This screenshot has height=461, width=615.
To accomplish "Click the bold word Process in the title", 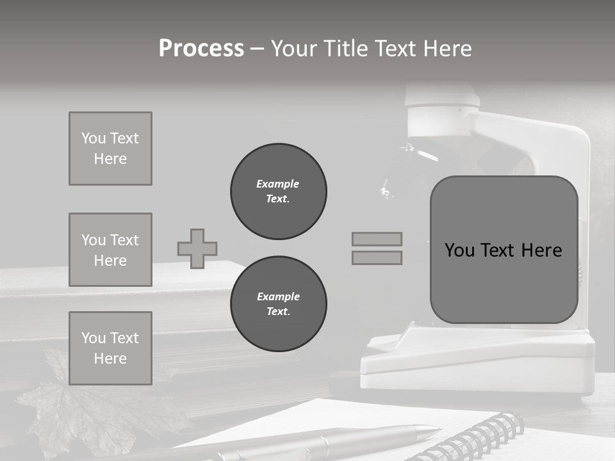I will (x=201, y=49).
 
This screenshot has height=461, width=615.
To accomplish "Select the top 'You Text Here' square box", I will (x=110, y=149).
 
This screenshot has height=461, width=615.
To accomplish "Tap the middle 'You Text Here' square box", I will (x=110, y=250).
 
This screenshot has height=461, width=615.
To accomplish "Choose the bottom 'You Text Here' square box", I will (x=110, y=348).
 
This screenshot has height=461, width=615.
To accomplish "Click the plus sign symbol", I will (x=197, y=248).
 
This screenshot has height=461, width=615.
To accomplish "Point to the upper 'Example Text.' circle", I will (x=278, y=191).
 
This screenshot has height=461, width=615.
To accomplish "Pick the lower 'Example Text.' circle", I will (x=278, y=304).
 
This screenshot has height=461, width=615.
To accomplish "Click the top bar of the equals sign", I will (x=377, y=239).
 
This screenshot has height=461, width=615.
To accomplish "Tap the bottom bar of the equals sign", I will (x=377, y=257).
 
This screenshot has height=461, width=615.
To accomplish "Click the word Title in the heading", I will (x=350, y=49).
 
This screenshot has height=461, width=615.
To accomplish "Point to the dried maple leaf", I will (x=83, y=410).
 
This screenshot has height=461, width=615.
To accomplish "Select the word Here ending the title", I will (x=448, y=49).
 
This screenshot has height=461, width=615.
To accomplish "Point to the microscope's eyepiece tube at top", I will (x=442, y=102).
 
